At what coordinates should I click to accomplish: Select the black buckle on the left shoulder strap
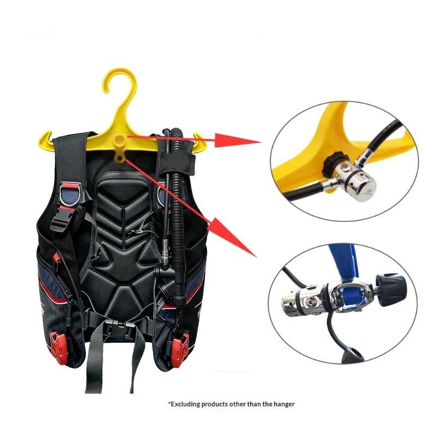pos(60,219)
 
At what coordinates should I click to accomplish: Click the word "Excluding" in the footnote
pos(184,403)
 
